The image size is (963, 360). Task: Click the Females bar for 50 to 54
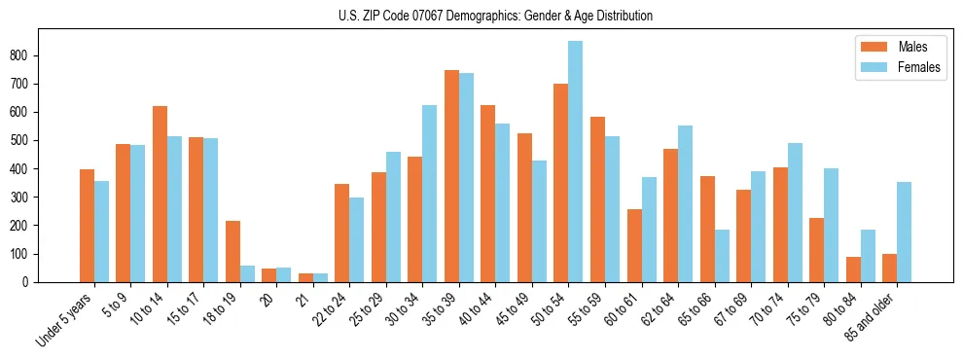pos(576,162)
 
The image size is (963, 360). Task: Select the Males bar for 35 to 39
pos(451,176)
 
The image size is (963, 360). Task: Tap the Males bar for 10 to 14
pos(160,194)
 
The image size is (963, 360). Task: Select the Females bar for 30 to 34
pos(430,194)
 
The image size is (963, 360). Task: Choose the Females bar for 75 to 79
pos(831,225)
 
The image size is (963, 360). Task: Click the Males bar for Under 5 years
pos(87,226)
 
